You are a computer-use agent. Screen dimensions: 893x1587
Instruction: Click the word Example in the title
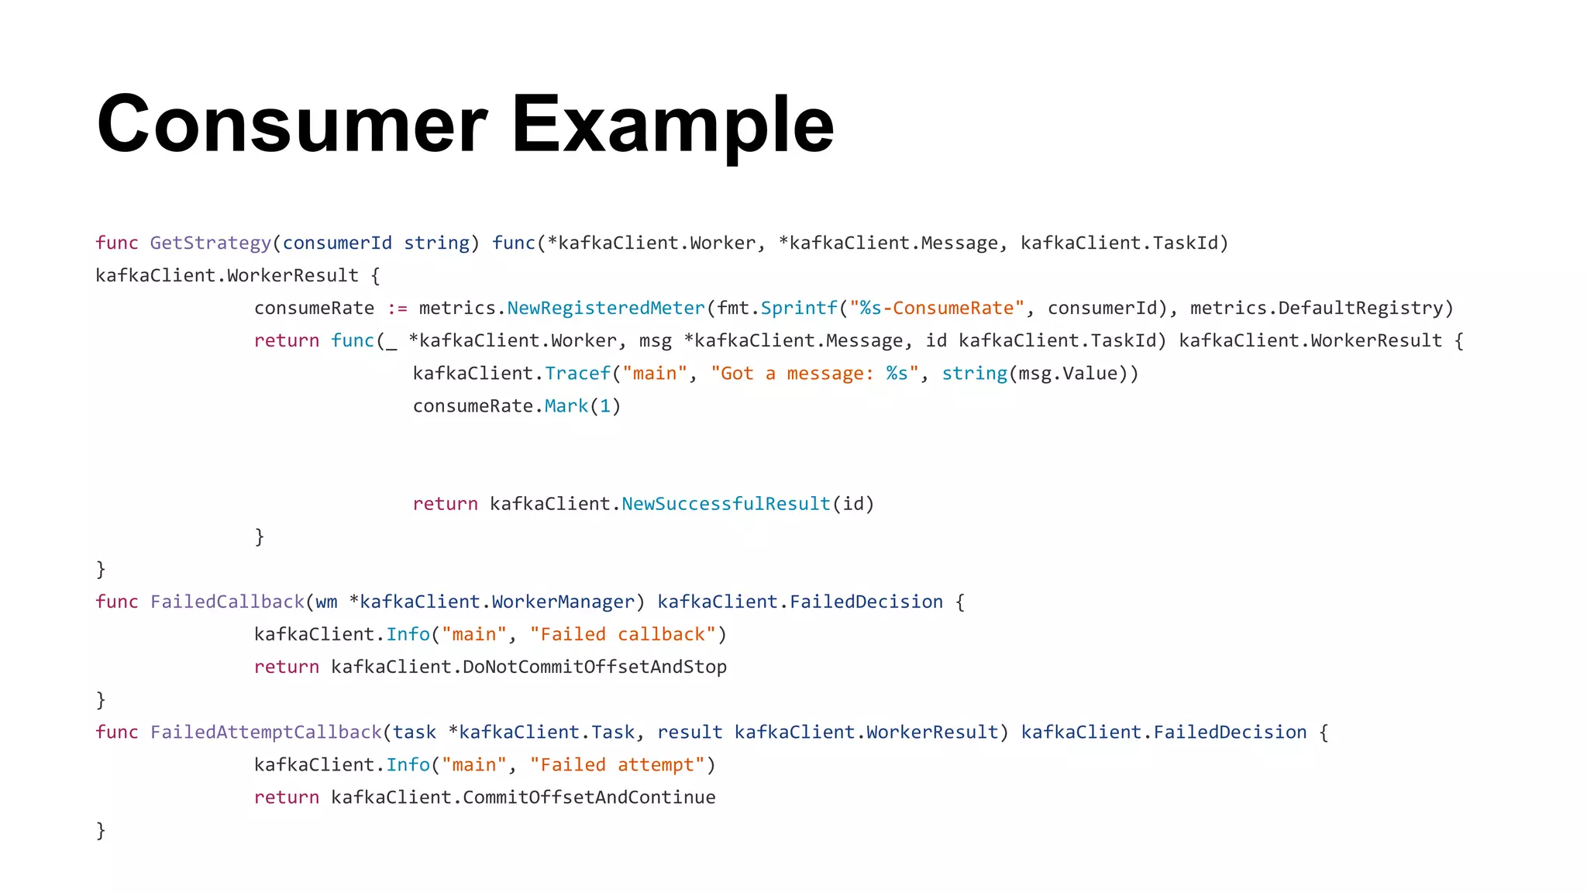point(673,124)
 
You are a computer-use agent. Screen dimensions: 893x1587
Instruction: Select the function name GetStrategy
point(210,243)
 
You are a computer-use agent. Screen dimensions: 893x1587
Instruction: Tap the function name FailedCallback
point(227,602)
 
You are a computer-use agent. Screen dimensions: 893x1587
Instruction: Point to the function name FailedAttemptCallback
point(266,733)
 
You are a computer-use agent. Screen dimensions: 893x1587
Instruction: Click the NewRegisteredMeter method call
point(606,309)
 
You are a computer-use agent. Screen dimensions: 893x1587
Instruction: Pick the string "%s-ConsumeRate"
point(937,309)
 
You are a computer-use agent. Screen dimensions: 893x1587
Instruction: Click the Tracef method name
point(577,374)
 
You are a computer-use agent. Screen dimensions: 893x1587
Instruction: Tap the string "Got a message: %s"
point(814,374)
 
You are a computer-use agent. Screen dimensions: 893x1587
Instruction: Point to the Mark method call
point(566,406)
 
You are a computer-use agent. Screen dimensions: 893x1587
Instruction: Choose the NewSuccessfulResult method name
point(725,504)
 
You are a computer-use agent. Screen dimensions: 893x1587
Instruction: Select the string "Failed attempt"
point(618,765)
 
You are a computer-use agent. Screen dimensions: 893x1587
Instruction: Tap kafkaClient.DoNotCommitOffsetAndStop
point(528,667)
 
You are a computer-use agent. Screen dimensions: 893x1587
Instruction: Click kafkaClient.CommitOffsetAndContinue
point(523,798)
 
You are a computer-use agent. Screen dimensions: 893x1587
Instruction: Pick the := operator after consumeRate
point(398,309)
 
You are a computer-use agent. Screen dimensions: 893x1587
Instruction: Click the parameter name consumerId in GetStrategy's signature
point(337,243)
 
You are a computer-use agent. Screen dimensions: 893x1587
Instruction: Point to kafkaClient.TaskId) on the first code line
point(1124,243)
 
